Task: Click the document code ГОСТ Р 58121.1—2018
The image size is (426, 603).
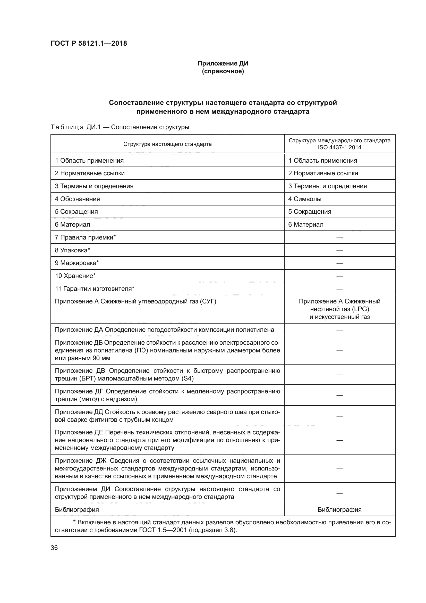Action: (89, 43)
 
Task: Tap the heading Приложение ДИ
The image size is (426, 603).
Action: (223, 63)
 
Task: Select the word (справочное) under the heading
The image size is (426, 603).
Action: (223, 71)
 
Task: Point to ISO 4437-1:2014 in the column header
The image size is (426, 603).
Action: (339, 147)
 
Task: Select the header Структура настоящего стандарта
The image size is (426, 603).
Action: (167, 144)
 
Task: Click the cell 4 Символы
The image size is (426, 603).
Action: (305, 199)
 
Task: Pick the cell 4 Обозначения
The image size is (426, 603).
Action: (77, 199)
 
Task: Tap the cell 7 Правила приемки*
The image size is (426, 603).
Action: (85, 237)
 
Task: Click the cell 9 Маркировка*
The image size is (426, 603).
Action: (77, 263)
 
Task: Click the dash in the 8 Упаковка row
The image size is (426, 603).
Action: (339, 250)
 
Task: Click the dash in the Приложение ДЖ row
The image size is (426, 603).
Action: (339, 468)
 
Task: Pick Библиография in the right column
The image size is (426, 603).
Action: (339, 510)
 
